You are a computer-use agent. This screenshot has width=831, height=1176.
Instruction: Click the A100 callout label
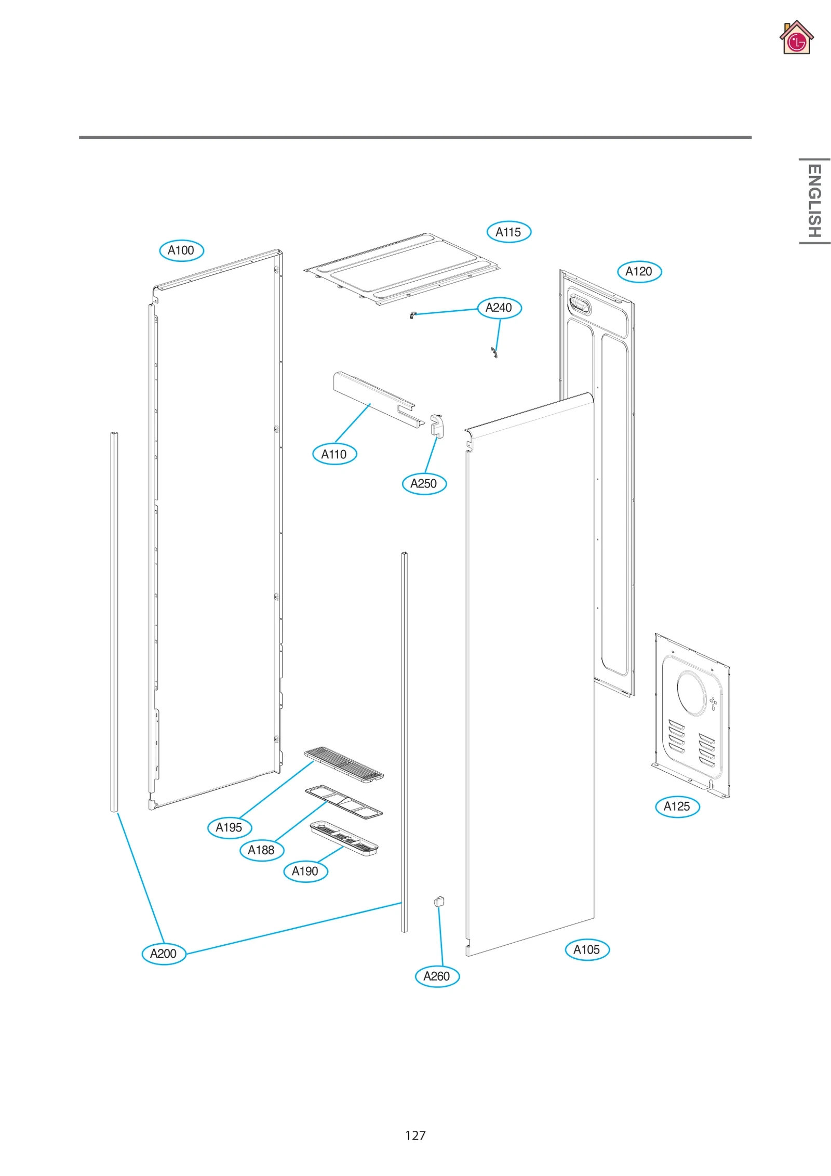pos(181,250)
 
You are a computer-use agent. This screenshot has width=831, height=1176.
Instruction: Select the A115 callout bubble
pos(508,232)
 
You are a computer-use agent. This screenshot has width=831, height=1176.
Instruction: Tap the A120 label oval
pos(639,271)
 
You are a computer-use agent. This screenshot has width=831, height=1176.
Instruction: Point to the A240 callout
pos(499,308)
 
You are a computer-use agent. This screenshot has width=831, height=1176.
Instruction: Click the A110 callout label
pos(334,454)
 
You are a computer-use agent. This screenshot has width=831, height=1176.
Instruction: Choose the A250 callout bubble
pos(424,483)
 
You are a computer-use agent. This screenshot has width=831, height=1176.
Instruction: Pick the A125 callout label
pos(677,806)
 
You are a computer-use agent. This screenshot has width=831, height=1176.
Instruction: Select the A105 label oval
pos(587,949)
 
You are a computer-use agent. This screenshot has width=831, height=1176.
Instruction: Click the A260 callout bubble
pos(437,976)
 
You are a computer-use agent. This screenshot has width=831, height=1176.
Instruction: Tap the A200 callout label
pos(164,954)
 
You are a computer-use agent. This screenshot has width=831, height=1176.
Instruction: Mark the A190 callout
pos(305,871)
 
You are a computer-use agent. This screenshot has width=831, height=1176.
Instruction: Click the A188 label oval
pos(261,850)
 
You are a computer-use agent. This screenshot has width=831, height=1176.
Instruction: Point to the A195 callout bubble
pos(229,827)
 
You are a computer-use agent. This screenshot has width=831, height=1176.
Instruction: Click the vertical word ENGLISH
pos(814,201)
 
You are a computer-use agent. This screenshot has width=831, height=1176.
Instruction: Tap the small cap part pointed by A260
pos(439,902)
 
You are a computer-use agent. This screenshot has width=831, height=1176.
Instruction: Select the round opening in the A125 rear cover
pos(691,693)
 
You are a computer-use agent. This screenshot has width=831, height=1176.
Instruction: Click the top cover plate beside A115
pos(403,269)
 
